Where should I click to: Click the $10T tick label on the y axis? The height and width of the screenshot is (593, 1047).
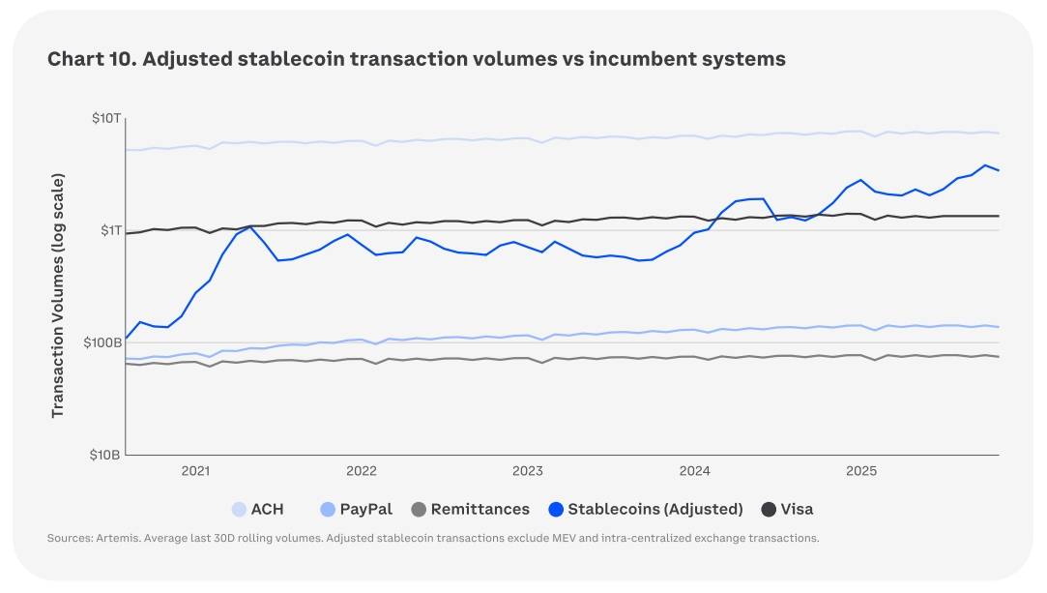coord(105,118)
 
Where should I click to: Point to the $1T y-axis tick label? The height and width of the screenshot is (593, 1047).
coord(108,230)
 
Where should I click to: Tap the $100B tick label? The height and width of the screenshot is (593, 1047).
coord(102,342)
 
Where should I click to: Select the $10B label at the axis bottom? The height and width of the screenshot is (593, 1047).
coord(104,455)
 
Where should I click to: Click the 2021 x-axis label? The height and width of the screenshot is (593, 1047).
coord(195,471)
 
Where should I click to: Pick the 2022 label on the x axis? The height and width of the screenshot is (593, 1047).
coord(362,471)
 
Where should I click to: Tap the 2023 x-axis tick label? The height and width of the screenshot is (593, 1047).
coord(528,471)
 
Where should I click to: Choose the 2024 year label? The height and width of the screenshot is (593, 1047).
coord(695,471)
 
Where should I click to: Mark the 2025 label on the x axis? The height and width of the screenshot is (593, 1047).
coord(861,471)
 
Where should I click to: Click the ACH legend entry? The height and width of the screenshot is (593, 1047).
coord(258,509)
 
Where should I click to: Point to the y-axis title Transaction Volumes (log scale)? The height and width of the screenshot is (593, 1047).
coord(58,295)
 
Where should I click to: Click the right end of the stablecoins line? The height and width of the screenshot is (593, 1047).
coord(999,171)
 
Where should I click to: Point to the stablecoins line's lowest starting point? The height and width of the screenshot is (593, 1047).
coord(127,338)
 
